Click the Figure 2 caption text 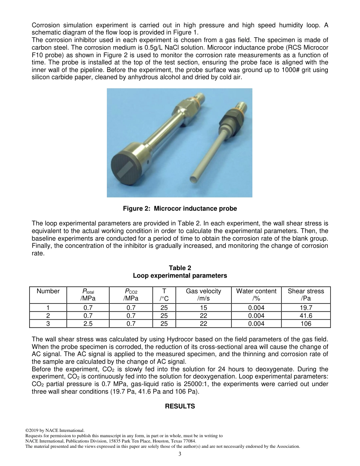coord(180,209)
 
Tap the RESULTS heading coord(180,406)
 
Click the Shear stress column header coord(306,294)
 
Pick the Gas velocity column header coord(203,294)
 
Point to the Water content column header coord(256,294)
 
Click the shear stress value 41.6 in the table coord(306,316)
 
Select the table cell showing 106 coord(306,324)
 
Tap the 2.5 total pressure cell coord(88,324)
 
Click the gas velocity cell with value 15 coord(203,308)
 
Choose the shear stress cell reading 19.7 coord(306,308)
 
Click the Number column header coord(48,291)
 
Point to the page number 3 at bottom coord(180,454)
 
